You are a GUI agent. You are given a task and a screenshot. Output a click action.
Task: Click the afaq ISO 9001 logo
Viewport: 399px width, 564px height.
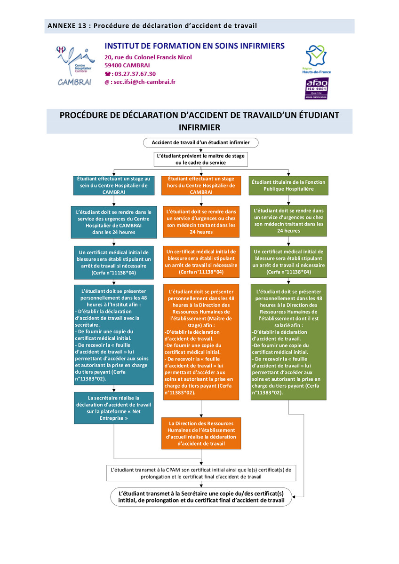coord(316,88)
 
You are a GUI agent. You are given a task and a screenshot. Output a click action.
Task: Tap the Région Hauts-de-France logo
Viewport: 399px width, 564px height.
coord(316,59)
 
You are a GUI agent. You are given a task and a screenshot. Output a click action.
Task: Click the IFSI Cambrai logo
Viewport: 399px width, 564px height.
coord(75,66)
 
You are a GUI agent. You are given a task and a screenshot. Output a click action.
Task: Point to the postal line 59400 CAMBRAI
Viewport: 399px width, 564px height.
coord(127,65)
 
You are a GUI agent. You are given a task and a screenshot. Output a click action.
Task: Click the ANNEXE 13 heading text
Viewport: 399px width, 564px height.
coord(152,26)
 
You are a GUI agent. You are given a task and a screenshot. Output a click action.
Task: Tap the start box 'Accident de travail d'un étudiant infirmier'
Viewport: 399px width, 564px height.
coord(200,142)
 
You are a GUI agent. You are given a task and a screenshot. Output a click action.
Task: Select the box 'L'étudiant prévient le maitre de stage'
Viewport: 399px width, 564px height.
coord(200,159)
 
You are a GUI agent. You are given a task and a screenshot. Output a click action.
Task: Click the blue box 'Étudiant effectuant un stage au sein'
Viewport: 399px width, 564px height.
coord(114,185)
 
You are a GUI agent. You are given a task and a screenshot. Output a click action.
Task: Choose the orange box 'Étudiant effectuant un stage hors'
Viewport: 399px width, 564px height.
coord(201,185)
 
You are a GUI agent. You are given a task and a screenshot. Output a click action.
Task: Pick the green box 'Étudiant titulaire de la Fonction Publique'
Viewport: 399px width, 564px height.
coord(288,185)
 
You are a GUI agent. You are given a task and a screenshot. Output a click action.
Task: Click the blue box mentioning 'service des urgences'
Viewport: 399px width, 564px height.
coord(114,222)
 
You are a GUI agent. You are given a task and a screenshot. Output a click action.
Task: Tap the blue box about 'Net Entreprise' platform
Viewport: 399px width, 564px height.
coord(114,408)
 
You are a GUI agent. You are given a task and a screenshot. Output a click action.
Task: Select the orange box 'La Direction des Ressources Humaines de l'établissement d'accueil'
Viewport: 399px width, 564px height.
coord(201,433)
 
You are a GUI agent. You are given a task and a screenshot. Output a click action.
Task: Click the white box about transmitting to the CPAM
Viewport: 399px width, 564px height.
coord(201,473)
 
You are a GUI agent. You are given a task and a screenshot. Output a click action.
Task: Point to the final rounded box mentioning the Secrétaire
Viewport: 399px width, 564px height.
coord(201,497)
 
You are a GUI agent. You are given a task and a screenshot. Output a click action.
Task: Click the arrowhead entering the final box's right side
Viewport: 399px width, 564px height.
coord(294,497)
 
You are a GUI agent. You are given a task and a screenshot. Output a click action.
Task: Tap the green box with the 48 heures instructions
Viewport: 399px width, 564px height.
coord(288,342)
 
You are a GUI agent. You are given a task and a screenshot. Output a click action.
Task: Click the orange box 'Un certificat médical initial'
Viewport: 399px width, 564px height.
coord(201,262)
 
